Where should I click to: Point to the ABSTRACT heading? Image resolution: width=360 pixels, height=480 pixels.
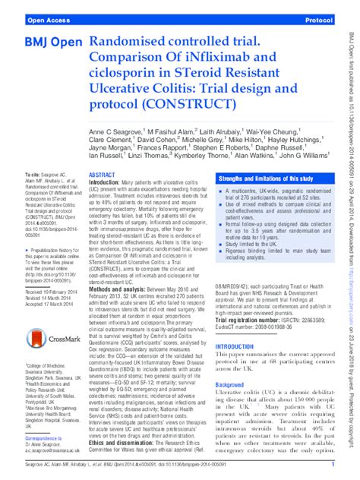point(103,196)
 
